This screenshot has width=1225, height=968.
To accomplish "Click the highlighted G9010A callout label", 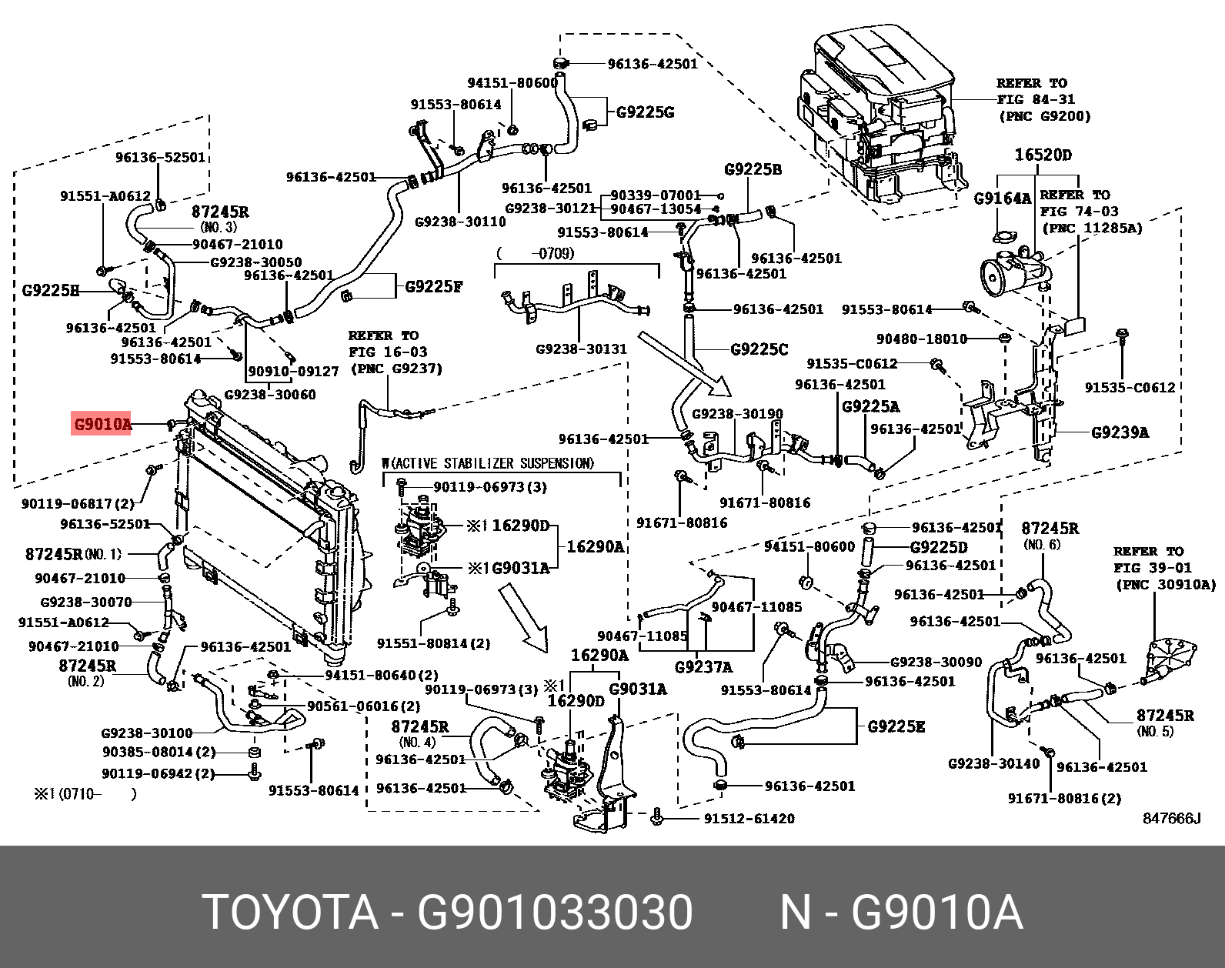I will click(x=101, y=424).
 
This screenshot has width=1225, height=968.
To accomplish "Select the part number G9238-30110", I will click(x=460, y=222).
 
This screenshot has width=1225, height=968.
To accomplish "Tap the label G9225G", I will click(x=645, y=112).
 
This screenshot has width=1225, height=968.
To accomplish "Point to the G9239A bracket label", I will click(x=1120, y=432).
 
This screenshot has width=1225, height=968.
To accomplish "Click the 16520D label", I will click(x=1042, y=155).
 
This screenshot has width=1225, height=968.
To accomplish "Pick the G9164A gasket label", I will click(x=1002, y=199).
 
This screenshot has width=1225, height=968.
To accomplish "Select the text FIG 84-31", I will click(x=1036, y=99).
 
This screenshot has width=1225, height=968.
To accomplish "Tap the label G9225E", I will click(x=896, y=726).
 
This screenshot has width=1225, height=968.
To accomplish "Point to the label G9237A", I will click(x=703, y=666).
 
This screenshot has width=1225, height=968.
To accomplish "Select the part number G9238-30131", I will click(x=581, y=349).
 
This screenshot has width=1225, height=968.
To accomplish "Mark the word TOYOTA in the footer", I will click(x=290, y=913).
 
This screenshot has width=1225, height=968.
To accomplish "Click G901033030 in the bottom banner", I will click(x=555, y=913).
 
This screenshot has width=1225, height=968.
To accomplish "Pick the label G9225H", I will click(x=50, y=291).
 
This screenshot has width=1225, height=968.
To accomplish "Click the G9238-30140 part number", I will click(x=993, y=763).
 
